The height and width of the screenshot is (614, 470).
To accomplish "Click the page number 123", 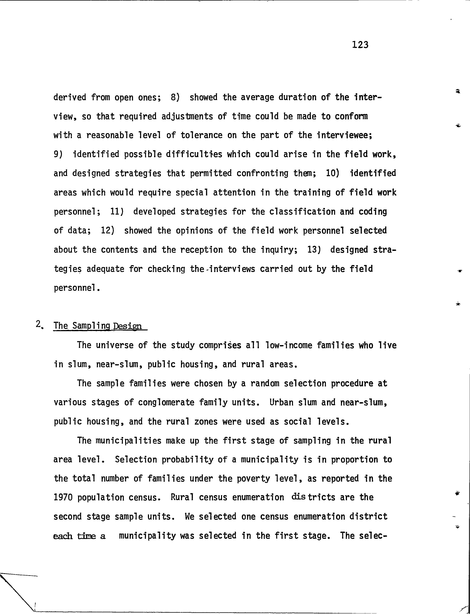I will [x=360, y=45].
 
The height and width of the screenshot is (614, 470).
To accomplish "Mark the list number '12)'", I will [x=108, y=231].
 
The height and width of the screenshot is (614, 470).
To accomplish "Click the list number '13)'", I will [x=314, y=250].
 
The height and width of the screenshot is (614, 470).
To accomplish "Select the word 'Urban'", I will [x=281, y=403].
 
